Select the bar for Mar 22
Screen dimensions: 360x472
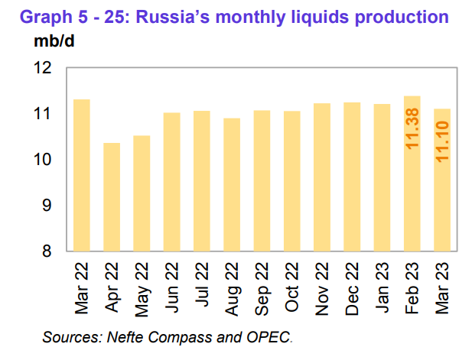click(x=82, y=175)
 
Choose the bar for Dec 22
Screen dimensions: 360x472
click(x=352, y=177)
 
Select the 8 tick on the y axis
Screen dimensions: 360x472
click(x=47, y=251)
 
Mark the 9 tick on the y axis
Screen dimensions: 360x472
click(x=47, y=206)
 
